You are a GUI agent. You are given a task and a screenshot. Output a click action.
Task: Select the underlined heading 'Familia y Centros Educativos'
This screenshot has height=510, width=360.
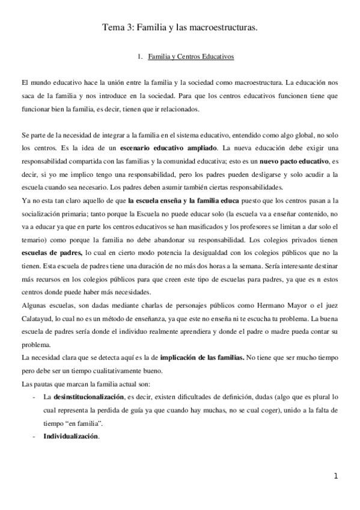pyautogui.click(x=191, y=57)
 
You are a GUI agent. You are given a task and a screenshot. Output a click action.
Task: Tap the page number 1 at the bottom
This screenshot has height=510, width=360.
pyautogui.click(x=336, y=476)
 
